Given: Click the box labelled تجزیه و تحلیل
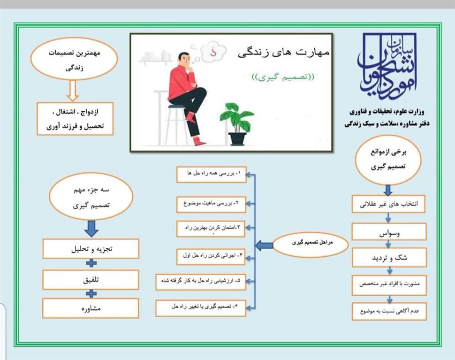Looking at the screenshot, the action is coord(91,249).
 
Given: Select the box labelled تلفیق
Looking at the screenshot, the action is coord(91,280).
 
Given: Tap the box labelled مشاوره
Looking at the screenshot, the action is coord(91,308).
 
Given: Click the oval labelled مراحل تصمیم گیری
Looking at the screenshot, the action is coord(311,244).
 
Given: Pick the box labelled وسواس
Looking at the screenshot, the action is coord(389,231).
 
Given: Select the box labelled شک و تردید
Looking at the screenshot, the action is coord(389,257).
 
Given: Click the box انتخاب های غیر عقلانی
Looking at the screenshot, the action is coord(388,204).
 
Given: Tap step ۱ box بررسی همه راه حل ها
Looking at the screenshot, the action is coord(212,175).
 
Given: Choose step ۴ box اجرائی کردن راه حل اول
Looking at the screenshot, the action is coord(211,257).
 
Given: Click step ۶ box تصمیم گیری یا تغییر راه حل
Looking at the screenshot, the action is coord(201,308).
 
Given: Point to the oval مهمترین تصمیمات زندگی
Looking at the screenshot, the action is coord(74,59).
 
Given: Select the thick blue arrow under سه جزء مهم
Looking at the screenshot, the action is coord(91,229).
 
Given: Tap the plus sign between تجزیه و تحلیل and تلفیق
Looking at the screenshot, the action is coord(91,263).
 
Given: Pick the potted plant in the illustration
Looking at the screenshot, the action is coord(237,124).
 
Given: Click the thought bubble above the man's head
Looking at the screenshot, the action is coord(213,52).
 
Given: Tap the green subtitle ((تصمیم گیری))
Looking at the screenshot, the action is coord(283,77).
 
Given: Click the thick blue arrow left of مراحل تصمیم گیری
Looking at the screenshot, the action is coord(264,245).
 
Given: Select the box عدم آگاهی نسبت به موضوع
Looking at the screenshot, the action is coord(389,311).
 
